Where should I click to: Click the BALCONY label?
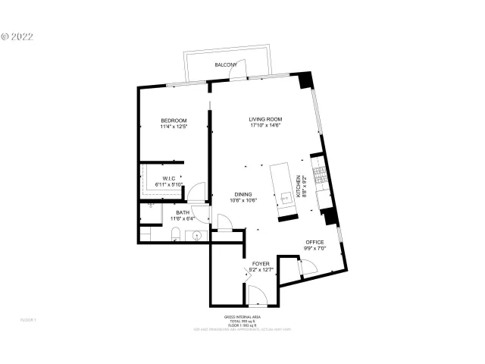226,65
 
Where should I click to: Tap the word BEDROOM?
174,121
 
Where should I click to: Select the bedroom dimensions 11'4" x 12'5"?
174,127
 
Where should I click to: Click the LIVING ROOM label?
265,119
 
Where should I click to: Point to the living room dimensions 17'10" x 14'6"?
265,125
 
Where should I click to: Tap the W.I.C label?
168,178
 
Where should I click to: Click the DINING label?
243,194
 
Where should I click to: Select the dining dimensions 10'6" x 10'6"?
243,200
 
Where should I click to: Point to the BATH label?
182,213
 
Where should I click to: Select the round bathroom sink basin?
198,236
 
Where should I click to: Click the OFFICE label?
314,242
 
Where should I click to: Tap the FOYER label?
261,263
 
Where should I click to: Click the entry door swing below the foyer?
257,297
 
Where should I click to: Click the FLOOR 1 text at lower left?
28,320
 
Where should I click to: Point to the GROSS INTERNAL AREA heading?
242,317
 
